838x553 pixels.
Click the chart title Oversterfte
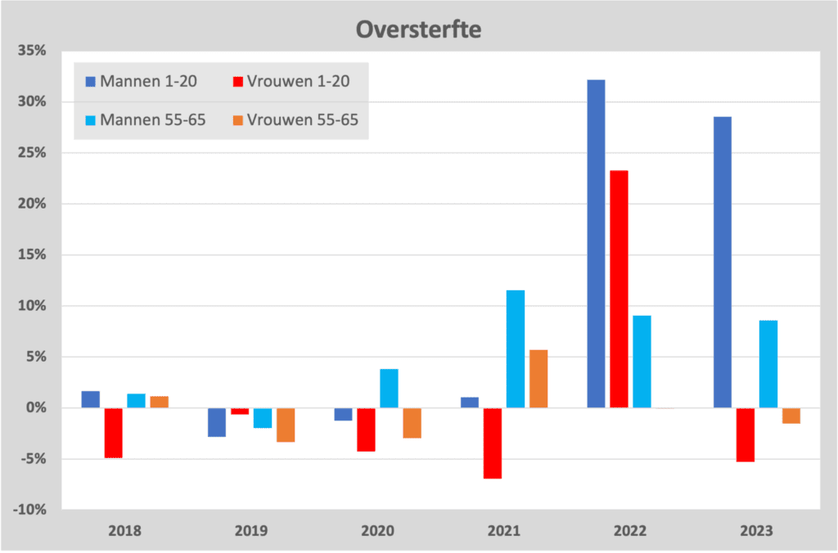pyautogui.click(x=418, y=30)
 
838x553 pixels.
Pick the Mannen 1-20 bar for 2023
pyautogui.click(x=723, y=262)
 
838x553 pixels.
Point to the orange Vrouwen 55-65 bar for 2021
pyautogui.click(x=538, y=379)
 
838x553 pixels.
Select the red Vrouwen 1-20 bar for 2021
pyautogui.click(x=493, y=443)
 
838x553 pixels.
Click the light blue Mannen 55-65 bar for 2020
pyautogui.click(x=389, y=389)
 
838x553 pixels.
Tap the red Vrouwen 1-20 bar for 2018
pyautogui.click(x=113, y=433)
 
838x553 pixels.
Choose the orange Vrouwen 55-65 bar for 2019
pyautogui.click(x=285, y=425)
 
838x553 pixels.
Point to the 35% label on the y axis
pyautogui.click(x=30, y=51)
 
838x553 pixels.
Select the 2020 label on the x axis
pyautogui.click(x=377, y=530)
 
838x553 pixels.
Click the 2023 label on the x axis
pyautogui.click(x=756, y=530)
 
